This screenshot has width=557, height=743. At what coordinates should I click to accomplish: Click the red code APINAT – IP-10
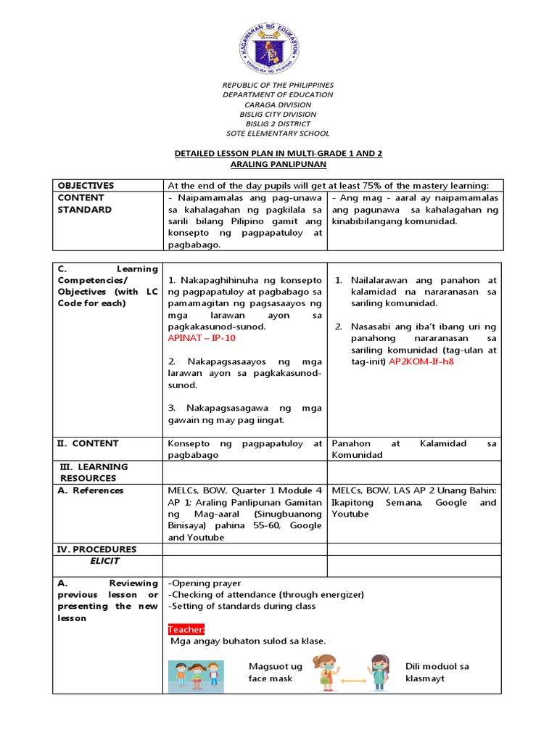(x=202, y=338)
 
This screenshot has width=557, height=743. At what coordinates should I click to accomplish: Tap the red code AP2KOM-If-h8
(x=421, y=361)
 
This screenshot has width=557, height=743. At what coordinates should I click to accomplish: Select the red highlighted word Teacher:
(x=186, y=629)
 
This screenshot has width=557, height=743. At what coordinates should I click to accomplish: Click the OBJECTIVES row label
(x=86, y=186)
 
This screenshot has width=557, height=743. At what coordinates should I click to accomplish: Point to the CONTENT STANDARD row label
(x=85, y=203)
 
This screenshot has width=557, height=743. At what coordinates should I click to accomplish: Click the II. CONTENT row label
(x=88, y=443)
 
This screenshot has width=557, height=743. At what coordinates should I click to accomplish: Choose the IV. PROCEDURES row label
(x=96, y=549)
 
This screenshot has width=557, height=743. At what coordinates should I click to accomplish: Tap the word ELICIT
(x=105, y=561)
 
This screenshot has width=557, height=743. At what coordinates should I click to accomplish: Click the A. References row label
(x=91, y=490)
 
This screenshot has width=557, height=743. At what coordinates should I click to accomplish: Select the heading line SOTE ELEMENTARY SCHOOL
(x=278, y=134)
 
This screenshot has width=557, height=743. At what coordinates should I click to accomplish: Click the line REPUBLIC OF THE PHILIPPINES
(x=278, y=85)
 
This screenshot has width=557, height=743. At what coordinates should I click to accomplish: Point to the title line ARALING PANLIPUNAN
(x=278, y=165)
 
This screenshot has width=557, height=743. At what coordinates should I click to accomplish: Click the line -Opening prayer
(x=205, y=583)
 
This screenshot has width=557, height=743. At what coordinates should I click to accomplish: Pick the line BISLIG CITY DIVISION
(x=278, y=114)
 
